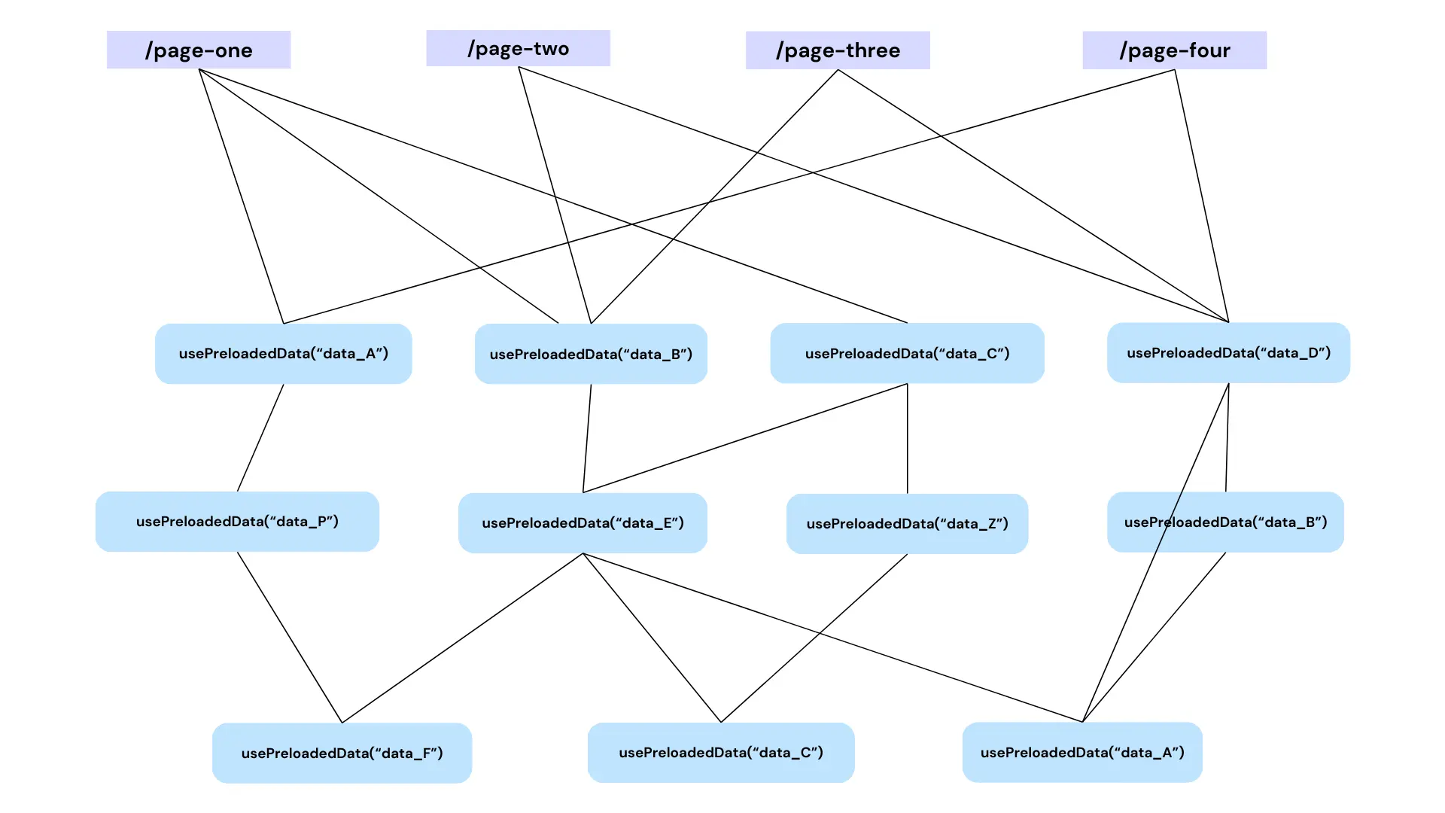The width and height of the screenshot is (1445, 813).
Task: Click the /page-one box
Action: point(199,50)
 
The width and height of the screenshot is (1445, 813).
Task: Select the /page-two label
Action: point(518,48)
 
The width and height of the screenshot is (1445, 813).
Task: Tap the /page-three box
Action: point(838,50)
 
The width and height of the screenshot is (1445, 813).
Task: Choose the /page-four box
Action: point(1174,50)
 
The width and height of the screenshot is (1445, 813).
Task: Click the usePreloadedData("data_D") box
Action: point(1228,353)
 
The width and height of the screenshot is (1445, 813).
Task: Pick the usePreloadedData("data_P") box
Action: point(237,522)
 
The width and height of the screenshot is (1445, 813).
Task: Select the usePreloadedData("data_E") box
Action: point(583,523)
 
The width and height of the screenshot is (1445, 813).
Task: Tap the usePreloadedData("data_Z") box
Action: point(907,524)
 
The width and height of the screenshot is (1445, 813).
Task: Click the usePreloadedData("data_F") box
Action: point(342,753)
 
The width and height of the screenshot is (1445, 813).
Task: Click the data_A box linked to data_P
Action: point(283,354)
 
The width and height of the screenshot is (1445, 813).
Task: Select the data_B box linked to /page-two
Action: point(591,354)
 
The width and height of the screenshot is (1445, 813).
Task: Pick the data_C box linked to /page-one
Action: point(907,353)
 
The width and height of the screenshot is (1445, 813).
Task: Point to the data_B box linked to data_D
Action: point(1225,522)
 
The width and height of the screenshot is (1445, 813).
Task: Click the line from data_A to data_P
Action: point(260,438)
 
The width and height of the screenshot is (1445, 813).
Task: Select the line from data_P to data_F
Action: point(290,638)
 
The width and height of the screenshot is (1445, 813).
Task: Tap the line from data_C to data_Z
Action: point(907,439)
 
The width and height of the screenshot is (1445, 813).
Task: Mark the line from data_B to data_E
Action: point(587,439)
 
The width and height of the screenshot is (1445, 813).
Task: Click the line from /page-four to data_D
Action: point(1202,196)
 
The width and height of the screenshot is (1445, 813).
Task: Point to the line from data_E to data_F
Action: point(462,638)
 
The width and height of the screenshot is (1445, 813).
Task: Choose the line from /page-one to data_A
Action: point(241,196)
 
